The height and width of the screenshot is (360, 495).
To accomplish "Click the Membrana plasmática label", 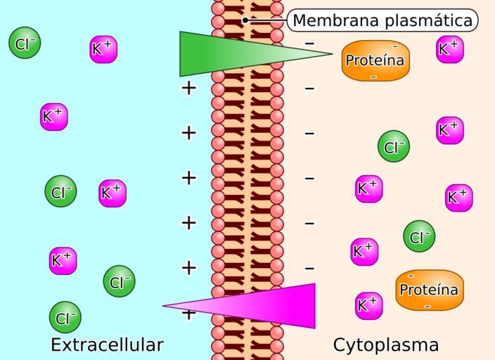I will click(382, 20).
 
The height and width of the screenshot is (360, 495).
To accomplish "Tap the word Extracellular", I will click(107, 345).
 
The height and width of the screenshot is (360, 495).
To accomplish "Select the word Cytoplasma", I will click(386, 345).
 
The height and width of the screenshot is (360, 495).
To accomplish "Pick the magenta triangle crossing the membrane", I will click(267, 306).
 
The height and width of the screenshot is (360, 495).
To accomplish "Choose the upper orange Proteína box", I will click(375, 60).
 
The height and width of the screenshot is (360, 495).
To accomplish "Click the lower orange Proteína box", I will click(428, 290).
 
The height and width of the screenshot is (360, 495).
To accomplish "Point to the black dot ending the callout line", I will click(245, 20).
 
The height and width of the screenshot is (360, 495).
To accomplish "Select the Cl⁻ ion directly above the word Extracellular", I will click(65, 317).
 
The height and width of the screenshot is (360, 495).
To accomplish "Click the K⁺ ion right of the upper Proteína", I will click(449, 49).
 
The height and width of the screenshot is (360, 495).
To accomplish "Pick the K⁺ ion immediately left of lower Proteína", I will click(368, 305).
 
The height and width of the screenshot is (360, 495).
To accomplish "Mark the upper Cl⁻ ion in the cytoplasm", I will click(393, 147).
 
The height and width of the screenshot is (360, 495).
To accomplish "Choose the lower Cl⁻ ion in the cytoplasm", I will click(419, 236).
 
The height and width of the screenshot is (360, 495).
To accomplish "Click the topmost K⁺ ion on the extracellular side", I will click(103, 49).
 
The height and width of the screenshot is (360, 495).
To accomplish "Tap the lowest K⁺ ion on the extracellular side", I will click(63, 260).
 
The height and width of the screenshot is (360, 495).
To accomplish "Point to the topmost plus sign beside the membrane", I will click(188, 88).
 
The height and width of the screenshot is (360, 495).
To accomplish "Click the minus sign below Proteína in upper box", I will click(373, 76).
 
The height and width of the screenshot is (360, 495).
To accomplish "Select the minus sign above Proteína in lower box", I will click(411, 276).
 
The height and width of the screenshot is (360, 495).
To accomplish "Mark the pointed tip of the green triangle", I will click(331, 53).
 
